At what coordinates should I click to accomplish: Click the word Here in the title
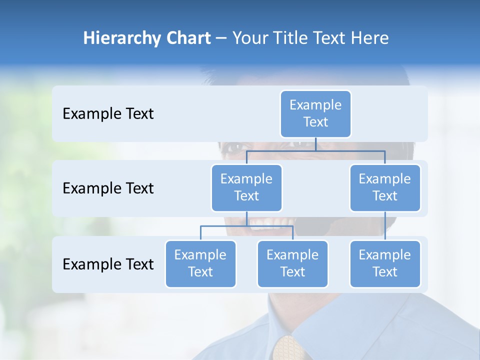tap(369, 38)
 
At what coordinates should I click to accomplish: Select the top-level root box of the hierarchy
tap(315, 114)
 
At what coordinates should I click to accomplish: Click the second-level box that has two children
tap(246, 188)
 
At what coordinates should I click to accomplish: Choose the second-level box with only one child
tap(385, 188)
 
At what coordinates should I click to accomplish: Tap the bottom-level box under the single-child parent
tap(385, 264)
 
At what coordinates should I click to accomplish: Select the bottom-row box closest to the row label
tap(200, 264)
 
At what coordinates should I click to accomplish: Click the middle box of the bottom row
tap(292, 264)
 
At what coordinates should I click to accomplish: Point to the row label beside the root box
tap(108, 114)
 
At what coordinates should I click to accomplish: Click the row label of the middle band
tap(108, 188)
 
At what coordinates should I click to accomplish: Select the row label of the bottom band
tap(108, 264)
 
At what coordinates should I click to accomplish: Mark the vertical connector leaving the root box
tap(315, 144)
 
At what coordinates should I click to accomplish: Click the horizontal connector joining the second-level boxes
tap(315, 150)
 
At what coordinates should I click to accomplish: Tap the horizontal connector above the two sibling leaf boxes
tap(246, 226)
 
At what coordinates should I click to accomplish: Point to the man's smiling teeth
tap(267, 221)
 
